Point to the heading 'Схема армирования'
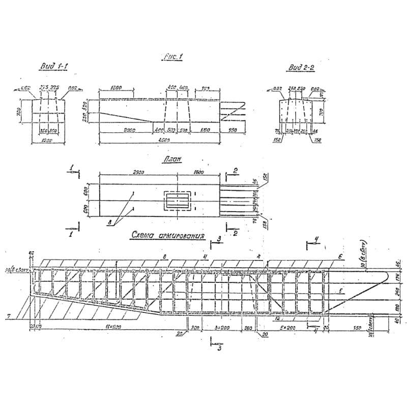click(x=168, y=236)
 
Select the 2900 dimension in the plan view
click(x=137, y=172)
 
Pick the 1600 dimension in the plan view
click(x=198, y=172)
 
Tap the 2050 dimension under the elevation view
click(x=129, y=130)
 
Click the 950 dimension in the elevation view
click(x=234, y=130)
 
